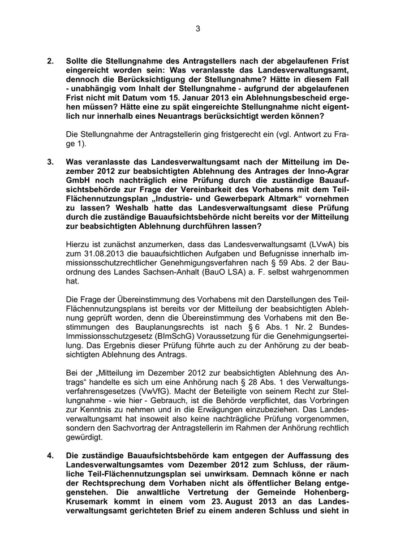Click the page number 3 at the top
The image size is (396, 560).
tap(198, 29)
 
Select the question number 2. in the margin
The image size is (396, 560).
tap(50, 61)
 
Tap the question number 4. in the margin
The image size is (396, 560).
tap(50, 455)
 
